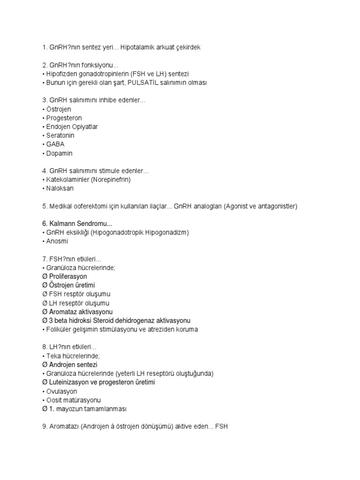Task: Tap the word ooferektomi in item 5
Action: [x=90, y=206]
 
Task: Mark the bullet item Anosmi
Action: [x=57, y=241]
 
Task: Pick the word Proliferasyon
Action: [x=67, y=277]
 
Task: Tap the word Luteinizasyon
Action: [x=70, y=382]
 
